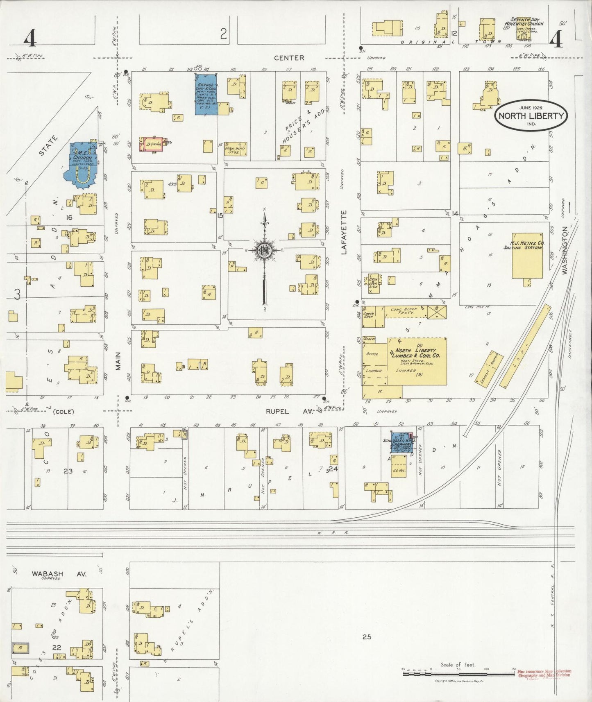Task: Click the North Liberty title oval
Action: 531,115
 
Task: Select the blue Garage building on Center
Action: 206,94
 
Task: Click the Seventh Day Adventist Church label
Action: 524,22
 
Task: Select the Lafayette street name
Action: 344,232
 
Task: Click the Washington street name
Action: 566,251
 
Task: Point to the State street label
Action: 48,146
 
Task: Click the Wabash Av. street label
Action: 59,574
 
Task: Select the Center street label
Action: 289,58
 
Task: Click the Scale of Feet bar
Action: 458,673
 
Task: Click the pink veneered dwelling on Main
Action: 151,145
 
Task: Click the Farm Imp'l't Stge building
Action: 236,149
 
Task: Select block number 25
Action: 366,637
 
